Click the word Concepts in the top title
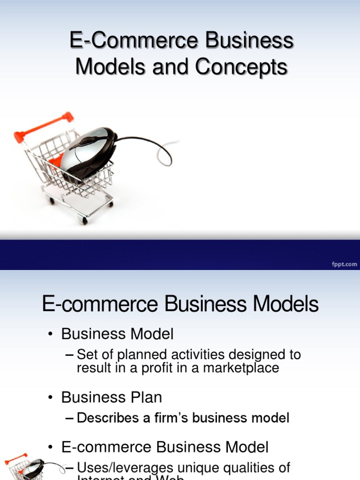tap(241, 67)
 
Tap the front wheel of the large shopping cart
tap(84, 220)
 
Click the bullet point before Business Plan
tap(50, 398)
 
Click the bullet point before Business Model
tap(50, 334)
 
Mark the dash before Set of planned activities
tap(70, 355)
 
